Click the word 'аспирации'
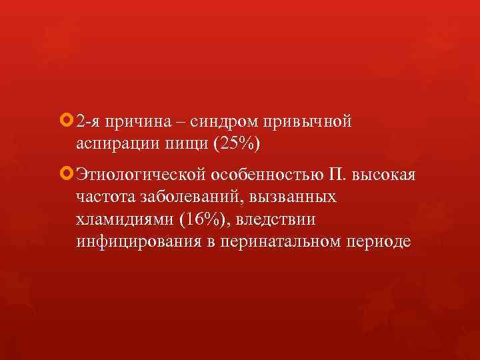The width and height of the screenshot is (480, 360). (117, 145)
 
